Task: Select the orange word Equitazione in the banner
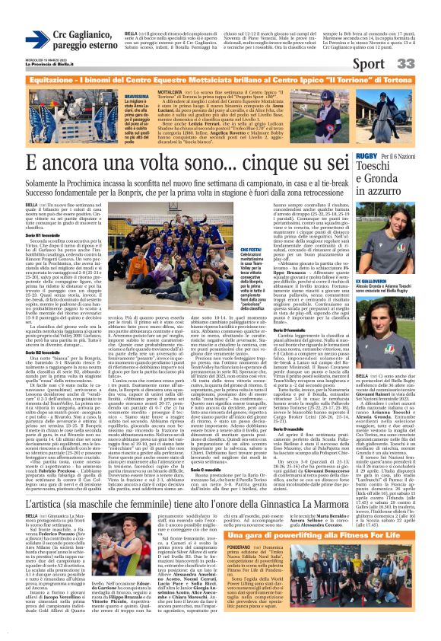[x=43, y=80]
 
